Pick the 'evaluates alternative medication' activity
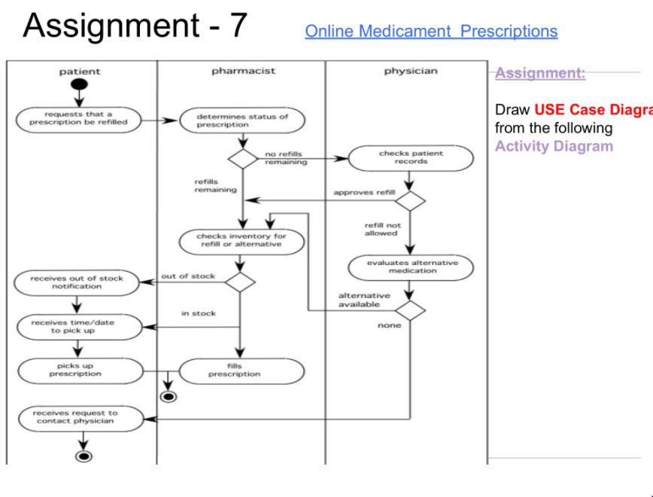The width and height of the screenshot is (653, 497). pyautogui.click(x=412, y=268)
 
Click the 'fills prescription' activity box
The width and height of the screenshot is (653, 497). pyautogui.click(x=240, y=370)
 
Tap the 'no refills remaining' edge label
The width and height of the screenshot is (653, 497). pyautogui.click(x=287, y=158)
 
